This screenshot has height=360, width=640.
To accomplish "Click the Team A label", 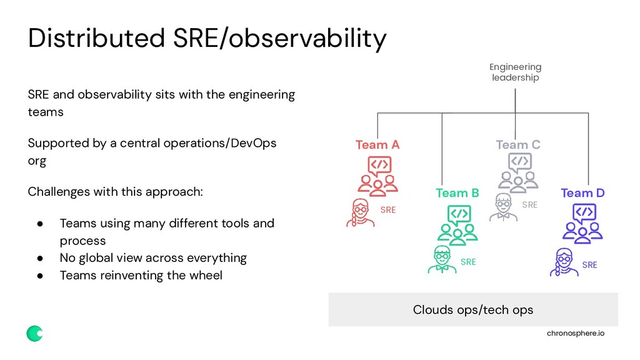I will (377, 145).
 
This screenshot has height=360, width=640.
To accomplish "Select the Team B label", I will (457, 193).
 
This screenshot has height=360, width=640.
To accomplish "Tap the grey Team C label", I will (517, 145).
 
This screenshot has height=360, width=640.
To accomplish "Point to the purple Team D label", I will (582, 193).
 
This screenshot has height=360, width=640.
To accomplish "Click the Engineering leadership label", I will (515, 72).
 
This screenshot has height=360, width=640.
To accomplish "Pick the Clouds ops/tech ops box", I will (473, 309).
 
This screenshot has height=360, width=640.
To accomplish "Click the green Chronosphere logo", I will (34, 334).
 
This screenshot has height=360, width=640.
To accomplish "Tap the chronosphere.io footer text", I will (575, 334).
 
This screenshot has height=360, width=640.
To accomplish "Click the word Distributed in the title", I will (95, 39).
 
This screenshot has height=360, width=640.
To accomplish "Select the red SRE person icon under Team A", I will (360, 212).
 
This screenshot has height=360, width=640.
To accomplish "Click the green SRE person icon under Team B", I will (442, 260).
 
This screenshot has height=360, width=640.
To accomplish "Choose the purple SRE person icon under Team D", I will (564, 262).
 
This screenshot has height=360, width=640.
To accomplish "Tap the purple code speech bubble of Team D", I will (583, 213).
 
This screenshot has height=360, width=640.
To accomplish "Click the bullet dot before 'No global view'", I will (39, 258).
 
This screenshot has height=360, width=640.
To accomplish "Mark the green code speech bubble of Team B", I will (459, 214).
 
